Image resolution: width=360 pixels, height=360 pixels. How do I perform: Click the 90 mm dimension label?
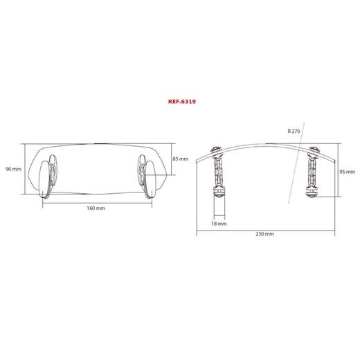13,168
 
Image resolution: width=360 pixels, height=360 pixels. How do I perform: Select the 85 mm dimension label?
180,159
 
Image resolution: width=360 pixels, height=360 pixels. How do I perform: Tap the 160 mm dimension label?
96,208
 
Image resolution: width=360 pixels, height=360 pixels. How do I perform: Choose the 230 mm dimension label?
264,234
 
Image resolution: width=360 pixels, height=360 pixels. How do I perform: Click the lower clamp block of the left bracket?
219,204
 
